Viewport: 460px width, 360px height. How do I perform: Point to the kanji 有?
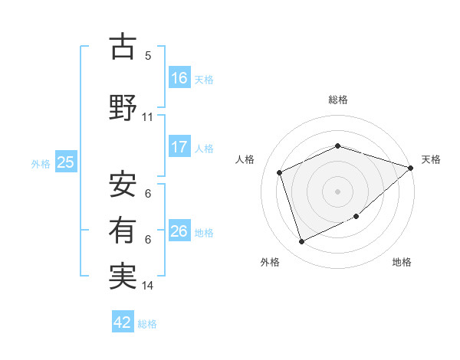(123, 230)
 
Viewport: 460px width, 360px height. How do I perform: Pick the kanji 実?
(123, 276)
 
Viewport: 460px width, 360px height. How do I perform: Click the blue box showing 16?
(179, 78)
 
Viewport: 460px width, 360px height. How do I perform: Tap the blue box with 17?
(179, 147)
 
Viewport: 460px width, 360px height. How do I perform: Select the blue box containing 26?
(179, 231)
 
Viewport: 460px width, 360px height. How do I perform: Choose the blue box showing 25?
(66, 162)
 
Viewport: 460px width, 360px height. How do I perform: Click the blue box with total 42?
(123, 322)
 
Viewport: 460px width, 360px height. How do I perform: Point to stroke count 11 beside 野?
(148, 117)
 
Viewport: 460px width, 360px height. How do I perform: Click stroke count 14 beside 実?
(148, 286)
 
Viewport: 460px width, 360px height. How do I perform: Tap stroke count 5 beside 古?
(148, 56)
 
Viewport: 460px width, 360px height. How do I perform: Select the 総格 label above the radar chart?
(338, 100)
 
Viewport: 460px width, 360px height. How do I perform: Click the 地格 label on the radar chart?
(402, 262)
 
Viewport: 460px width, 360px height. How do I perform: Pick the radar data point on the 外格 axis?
(301, 242)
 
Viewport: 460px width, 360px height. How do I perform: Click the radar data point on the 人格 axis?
(280, 172)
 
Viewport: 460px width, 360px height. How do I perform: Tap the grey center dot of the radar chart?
(338, 191)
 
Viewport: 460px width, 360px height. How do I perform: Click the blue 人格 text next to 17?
(204, 148)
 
